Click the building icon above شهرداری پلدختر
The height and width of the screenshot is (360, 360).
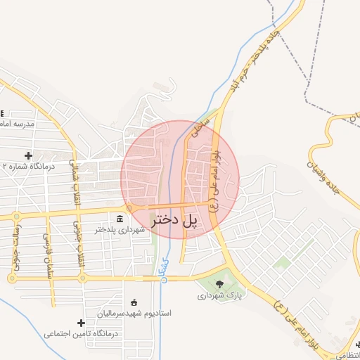coord(120,217)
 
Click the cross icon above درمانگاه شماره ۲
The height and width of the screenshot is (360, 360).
coord(28,155)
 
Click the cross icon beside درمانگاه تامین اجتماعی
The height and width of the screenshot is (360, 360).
coord(81,323)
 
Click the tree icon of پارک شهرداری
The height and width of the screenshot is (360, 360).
coord(220,284)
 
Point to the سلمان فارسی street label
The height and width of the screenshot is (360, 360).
coord(48,250)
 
